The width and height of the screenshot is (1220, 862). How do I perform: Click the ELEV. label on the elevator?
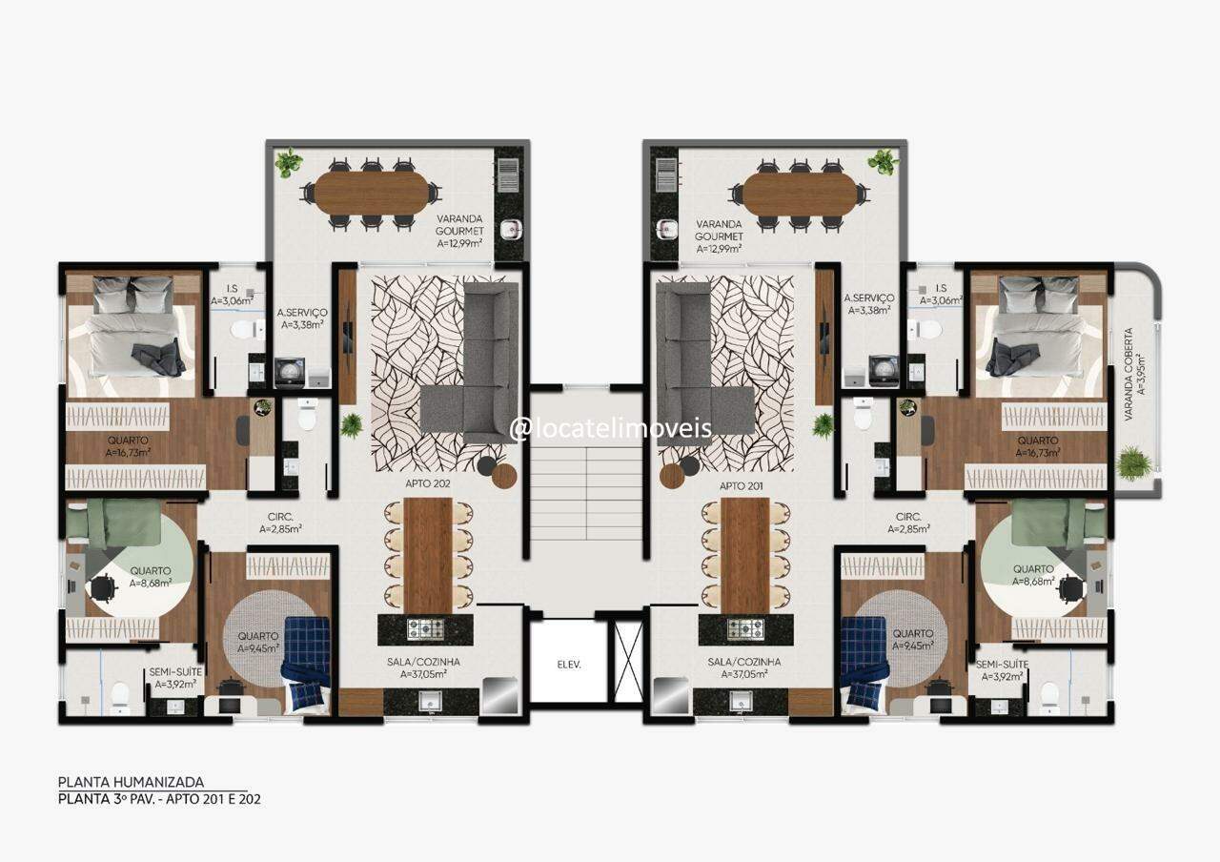569,665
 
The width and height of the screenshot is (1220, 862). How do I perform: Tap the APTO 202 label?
428,483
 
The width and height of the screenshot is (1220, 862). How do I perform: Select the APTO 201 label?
741,486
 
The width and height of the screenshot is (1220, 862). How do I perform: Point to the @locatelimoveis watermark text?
611,428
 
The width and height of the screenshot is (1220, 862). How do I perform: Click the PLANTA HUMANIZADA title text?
131,782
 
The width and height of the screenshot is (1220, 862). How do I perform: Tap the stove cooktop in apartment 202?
425,628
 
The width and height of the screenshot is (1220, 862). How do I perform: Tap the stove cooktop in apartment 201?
745,628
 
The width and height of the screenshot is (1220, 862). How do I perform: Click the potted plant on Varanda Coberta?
1134,463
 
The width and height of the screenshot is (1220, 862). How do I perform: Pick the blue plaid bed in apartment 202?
306,664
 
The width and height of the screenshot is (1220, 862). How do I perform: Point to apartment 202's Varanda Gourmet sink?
511,229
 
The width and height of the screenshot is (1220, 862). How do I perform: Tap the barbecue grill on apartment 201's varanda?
666,174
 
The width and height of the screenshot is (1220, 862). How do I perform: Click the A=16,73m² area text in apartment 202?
129,452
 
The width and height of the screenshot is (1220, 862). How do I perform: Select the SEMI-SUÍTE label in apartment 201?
1002,665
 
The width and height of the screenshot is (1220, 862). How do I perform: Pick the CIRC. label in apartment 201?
908,517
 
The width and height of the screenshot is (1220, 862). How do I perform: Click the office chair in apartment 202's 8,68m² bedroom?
102,588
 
